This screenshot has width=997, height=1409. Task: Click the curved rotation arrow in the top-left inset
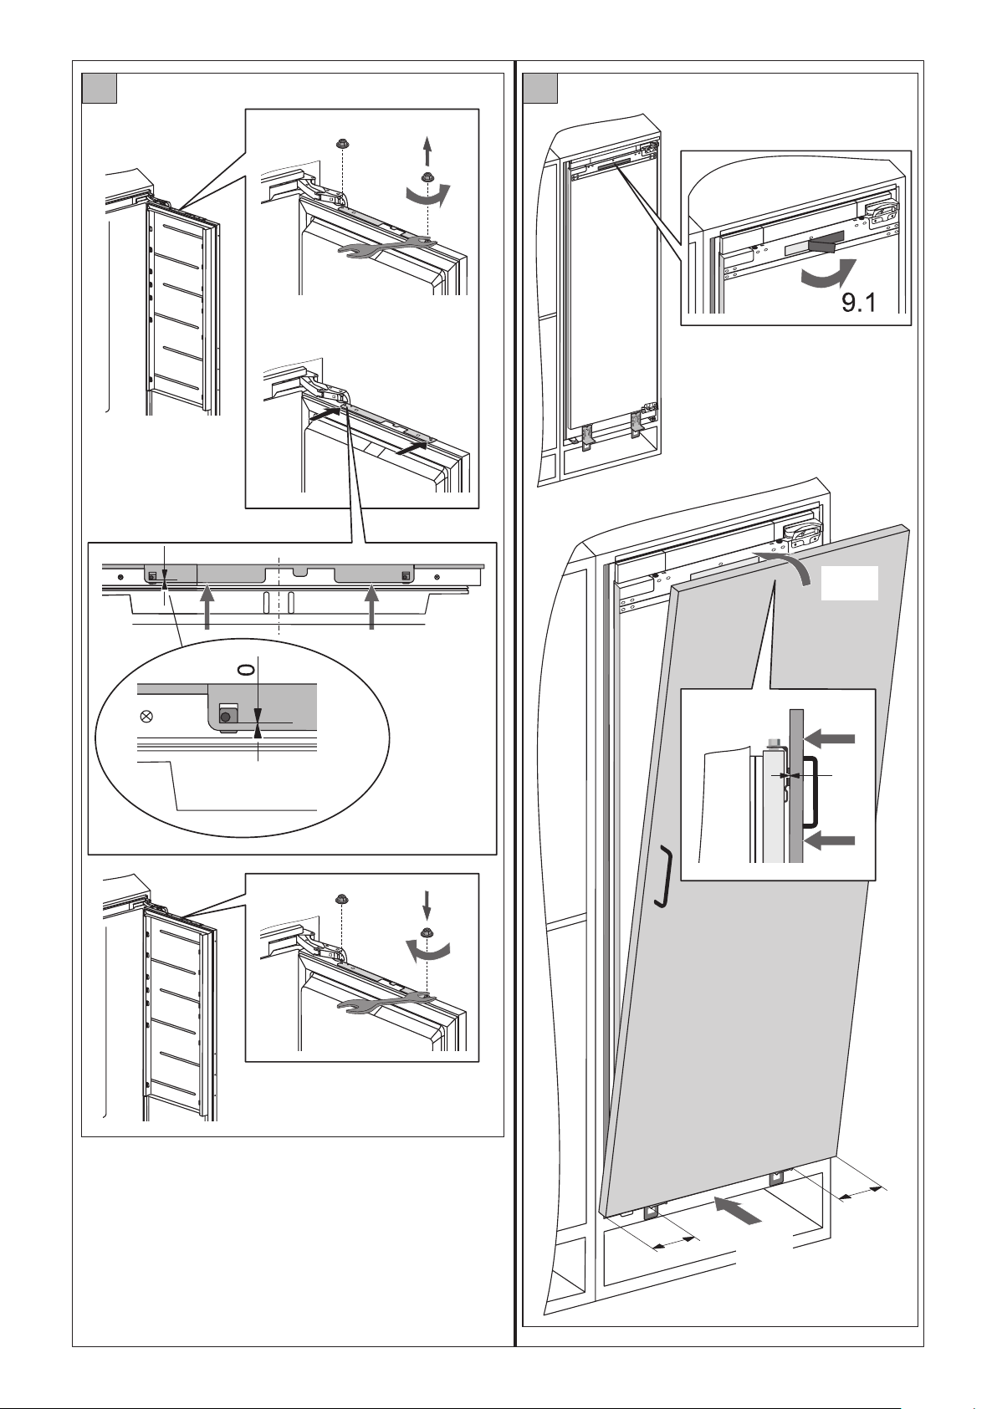point(427,195)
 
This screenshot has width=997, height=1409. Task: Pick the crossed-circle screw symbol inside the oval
point(147,716)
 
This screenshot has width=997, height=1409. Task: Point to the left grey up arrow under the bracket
point(207,606)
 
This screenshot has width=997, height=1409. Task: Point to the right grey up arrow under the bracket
point(372,606)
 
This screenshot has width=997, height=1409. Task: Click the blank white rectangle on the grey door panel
point(849,583)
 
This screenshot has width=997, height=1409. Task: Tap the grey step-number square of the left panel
point(99,89)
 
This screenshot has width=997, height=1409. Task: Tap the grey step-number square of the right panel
point(539,89)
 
